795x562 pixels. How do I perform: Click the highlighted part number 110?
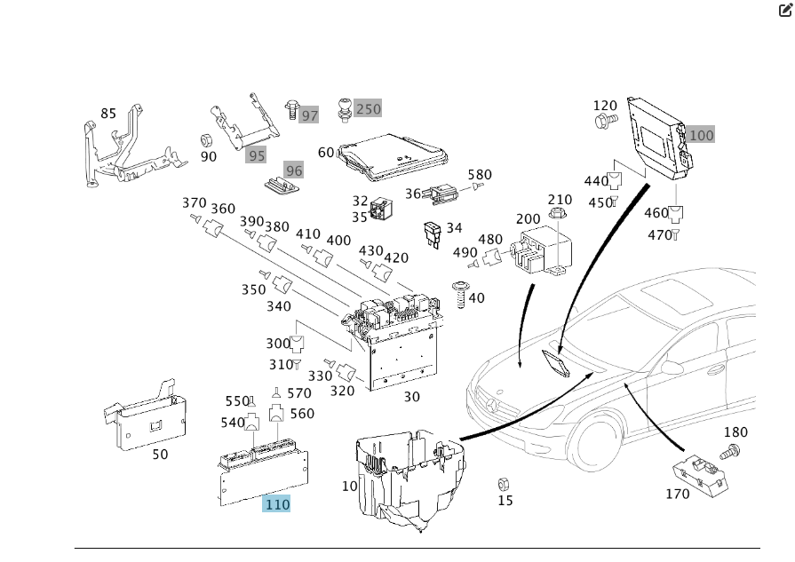click(277, 504)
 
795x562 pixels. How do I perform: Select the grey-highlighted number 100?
click(701, 135)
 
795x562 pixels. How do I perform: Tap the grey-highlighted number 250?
click(368, 109)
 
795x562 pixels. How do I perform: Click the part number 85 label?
click(108, 114)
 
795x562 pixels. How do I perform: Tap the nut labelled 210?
click(557, 214)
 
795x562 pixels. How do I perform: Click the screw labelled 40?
click(461, 294)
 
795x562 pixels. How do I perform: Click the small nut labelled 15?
click(501, 484)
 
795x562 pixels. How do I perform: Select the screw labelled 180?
click(729, 452)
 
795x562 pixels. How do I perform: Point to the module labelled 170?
click(698, 471)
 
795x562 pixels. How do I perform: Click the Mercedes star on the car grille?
click(495, 409)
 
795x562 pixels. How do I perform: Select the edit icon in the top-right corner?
click(784, 10)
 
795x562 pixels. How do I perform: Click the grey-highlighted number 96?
click(293, 170)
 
